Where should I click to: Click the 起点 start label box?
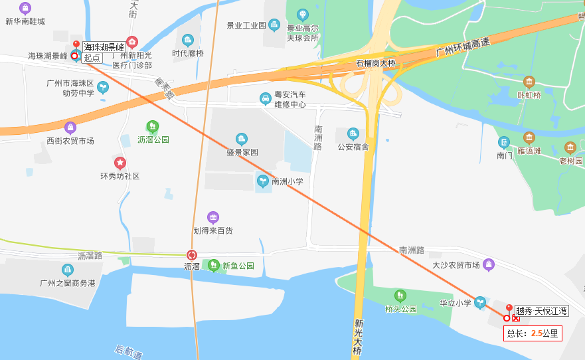pos(92,58)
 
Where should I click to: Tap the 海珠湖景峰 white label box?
pos(104,47)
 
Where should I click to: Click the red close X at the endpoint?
pos(516,318)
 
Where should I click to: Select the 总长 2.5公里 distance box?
pos(533,333)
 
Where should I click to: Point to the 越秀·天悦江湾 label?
pos(542,310)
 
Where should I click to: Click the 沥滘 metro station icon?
pos(192,255)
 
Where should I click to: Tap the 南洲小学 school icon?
pos(263,181)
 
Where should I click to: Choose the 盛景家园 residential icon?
pos(241,139)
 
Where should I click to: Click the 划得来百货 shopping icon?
pos(213,217)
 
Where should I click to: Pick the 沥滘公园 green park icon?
pos(153,126)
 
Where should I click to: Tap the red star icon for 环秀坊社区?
pos(120,163)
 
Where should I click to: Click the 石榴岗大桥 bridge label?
pos(376,64)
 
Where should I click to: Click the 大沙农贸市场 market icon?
pos(489,265)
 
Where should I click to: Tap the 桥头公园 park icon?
pos(400,296)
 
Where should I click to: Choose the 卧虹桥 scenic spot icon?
pos(529,82)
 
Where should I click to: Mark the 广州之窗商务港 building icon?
pos(68,270)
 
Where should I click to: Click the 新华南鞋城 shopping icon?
pos(25,9)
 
